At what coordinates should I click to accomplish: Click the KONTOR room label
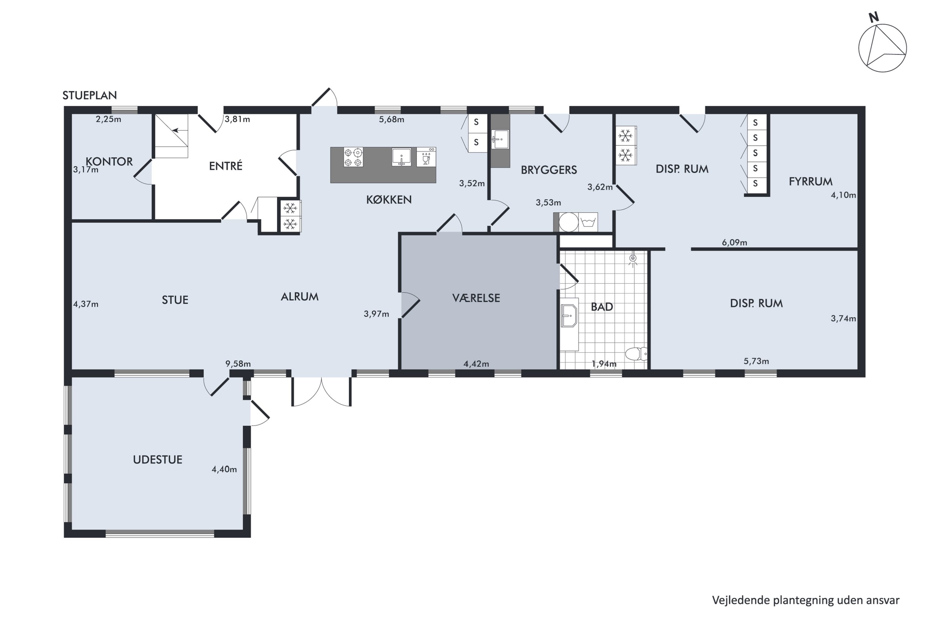pyautogui.click(x=109, y=161)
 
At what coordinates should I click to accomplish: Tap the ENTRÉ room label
pyautogui.click(x=226, y=166)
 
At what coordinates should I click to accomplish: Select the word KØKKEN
pyautogui.click(x=389, y=200)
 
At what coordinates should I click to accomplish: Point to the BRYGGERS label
pyautogui.click(x=549, y=170)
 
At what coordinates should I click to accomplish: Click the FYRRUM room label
pyautogui.click(x=810, y=181)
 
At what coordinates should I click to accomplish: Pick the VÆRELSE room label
pyautogui.click(x=476, y=298)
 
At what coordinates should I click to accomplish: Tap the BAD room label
pyautogui.click(x=602, y=307)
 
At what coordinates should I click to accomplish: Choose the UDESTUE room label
pyautogui.click(x=157, y=459)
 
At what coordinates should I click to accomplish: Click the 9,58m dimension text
pyautogui.click(x=238, y=364)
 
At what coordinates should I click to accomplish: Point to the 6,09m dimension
pyautogui.click(x=734, y=242)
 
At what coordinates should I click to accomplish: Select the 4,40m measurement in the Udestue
pyautogui.click(x=224, y=469)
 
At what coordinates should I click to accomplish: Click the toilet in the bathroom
pyautogui.click(x=636, y=353)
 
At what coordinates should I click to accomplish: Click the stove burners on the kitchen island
pyautogui.click(x=353, y=157)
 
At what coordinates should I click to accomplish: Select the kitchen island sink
pyautogui.click(x=402, y=157)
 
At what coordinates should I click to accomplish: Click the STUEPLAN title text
pyautogui.click(x=90, y=95)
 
